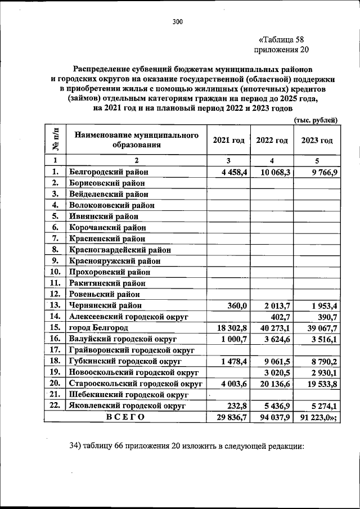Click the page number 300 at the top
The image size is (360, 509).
[178, 22]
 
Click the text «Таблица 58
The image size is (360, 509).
[283, 40]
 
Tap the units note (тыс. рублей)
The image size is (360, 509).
[316, 120]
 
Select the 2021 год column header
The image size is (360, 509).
[228, 140]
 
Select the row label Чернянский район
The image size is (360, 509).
[105, 305]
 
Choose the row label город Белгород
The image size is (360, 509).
[98, 328]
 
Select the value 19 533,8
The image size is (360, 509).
[319, 384]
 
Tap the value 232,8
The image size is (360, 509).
[238, 406]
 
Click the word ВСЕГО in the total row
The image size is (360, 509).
[125, 417]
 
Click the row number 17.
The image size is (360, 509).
[55, 350]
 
